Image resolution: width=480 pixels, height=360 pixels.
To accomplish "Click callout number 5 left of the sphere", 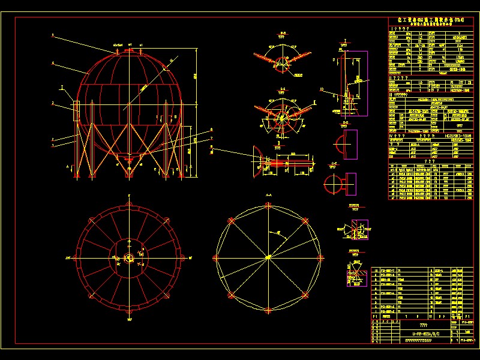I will tap(53, 36).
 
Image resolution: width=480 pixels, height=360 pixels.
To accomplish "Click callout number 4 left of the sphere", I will tap(53, 62).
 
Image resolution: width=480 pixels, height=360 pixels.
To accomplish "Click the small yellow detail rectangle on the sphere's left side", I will tap(77, 111).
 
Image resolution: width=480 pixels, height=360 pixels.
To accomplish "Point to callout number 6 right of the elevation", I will tap(211, 128).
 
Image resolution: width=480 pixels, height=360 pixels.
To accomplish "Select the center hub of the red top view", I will tap(129, 257).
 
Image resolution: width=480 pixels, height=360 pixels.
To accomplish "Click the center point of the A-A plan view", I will tap(268, 258).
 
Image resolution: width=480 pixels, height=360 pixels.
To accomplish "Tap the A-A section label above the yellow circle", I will tap(268, 196).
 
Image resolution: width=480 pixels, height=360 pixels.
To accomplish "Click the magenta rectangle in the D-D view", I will tap(350, 144).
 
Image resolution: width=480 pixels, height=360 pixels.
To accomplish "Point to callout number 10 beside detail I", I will tap(322, 89).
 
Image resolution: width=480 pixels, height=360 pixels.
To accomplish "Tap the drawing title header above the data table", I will tap(427, 21).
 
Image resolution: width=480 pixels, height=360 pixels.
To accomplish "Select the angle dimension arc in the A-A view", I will tap(278, 234).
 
